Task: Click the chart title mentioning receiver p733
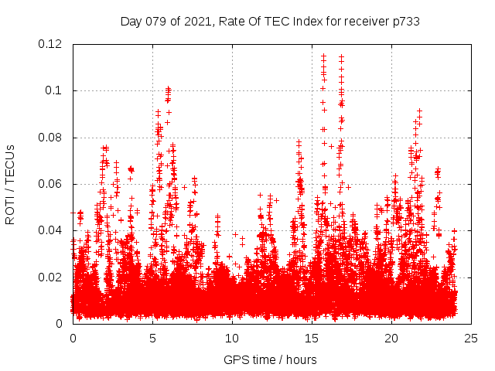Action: tap(270, 21)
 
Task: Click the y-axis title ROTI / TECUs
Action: tap(10, 184)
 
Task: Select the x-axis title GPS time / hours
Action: tap(270, 359)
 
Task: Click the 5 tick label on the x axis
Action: tap(152, 339)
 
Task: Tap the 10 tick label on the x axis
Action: tap(232, 339)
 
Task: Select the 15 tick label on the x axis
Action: tap(312, 339)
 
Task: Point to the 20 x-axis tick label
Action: tap(391, 339)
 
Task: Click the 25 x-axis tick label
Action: tap(471, 339)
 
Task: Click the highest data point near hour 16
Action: tap(323, 56)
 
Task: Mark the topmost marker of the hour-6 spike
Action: tap(168, 89)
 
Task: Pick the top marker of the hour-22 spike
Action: tap(419, 111)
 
